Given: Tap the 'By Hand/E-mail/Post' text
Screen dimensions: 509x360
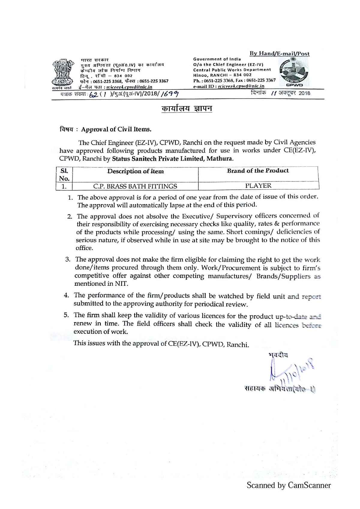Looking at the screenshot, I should click(x=280, y=54).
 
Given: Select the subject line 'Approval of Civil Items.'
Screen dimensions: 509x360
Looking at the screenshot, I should click(x=116, y=129).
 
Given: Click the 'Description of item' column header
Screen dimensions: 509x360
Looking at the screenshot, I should click(x=136, y=171).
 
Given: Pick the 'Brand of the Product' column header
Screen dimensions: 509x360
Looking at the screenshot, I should click(x=258, y=171).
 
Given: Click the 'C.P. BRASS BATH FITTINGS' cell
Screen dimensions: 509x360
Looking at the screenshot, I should click(x=135, y=186).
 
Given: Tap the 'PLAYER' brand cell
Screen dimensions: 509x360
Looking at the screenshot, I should click(x=258, y=185).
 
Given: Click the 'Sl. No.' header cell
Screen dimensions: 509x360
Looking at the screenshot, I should click(x=64, y=175).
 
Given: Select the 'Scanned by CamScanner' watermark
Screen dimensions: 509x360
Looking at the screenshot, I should click(x=289, y=485).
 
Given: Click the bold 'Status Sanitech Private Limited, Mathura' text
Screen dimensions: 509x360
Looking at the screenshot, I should click(x=172, y=158).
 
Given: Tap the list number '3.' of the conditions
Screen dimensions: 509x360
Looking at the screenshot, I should click(x=68, y=259).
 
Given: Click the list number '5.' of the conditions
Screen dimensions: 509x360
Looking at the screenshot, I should click(x=67, y=315).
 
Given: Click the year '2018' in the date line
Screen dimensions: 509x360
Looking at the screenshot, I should click(x=304, y=93).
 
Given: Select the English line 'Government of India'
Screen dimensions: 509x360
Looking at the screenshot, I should click(x=217, y=59).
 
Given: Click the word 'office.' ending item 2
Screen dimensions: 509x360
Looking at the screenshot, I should click(x=84, y=248).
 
